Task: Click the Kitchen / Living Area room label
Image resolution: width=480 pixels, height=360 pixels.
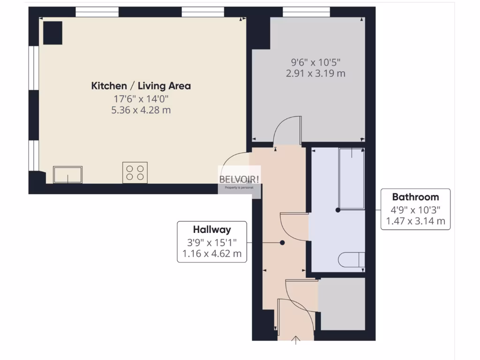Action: (x=141, y=86)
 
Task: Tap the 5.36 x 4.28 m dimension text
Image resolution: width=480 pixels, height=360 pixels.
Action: (x=141, y=110)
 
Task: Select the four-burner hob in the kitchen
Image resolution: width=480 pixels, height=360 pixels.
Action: (x=135, y=172)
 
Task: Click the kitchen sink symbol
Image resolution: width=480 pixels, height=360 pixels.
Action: (x=68, y=175)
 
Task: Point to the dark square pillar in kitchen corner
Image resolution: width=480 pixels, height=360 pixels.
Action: (x=52, y=33)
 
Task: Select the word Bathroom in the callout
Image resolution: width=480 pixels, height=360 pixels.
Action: (x=415, y=197)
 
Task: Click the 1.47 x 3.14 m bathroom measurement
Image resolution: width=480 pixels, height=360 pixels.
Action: (x=415, y=221)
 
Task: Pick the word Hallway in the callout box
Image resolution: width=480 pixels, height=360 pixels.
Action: (x=212, y=230)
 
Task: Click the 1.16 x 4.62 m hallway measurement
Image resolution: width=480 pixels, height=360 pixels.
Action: (x=212, y=254)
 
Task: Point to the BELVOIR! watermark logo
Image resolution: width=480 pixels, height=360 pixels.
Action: (x=240, y=179)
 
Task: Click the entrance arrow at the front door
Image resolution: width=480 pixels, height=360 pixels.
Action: (x=296, y=340)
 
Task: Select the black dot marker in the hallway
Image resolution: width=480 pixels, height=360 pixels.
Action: (x=282, y=243)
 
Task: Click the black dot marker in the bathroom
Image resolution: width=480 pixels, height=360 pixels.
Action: (x=338, y=210)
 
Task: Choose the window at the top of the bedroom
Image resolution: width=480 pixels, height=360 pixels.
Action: (x=306, y=12)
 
